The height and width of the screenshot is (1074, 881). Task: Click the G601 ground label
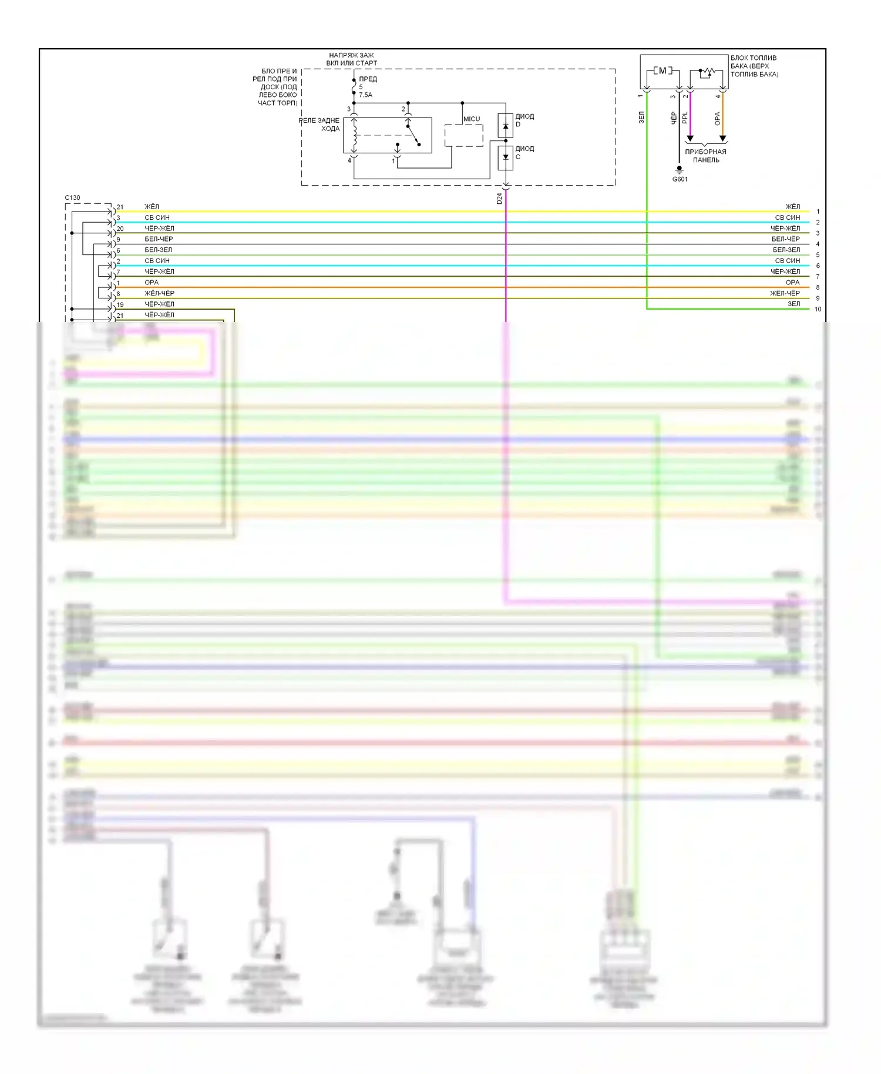(680, 179)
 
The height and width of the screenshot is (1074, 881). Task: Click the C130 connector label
(72, 198)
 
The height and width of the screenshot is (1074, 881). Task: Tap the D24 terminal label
(499, 199)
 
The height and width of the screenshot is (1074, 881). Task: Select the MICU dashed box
(464, 135)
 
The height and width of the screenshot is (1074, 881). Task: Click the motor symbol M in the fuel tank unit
(663, 71)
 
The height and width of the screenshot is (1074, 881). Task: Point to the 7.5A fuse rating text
(365, 95)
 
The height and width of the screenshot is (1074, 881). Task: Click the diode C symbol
(505, 158)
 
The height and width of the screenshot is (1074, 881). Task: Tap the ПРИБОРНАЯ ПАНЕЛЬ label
(705, 156)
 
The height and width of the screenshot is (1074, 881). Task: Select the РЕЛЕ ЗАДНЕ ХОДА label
(320, 125)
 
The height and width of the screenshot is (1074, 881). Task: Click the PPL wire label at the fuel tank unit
(685, 118)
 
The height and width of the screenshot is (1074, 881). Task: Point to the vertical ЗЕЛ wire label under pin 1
(641, 118)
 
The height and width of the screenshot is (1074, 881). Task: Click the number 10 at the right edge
(818, 309)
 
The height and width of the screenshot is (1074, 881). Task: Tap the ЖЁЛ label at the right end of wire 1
(792, 207)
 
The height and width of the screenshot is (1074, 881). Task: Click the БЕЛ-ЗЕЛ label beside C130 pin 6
(158, 250)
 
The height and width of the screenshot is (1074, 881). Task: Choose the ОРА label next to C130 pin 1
(152, 283)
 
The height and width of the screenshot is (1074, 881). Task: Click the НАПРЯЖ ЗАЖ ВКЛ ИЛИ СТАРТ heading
(351, 59)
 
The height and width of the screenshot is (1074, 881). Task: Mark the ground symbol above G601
(680, 170)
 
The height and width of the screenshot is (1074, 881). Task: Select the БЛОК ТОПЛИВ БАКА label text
(754, 66)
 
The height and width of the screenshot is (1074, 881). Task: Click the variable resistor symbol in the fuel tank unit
(707, 73)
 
